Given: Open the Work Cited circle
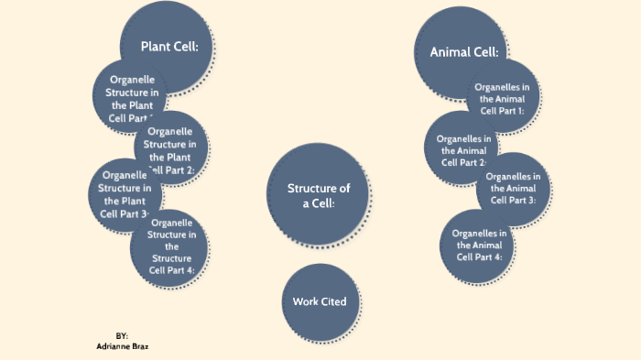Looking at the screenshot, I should (319, 302).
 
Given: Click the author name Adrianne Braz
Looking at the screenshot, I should (123, 347).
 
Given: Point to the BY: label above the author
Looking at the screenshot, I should (122, 337).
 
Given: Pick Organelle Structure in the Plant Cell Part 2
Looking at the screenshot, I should (172, 150).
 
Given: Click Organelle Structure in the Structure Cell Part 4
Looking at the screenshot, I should (170, 245).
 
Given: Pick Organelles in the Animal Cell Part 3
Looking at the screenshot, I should (512, 188).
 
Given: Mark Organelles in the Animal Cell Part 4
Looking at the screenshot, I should (479, 245).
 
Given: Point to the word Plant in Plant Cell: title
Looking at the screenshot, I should (158, 47).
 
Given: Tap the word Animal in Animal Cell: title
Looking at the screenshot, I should (451, 52).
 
